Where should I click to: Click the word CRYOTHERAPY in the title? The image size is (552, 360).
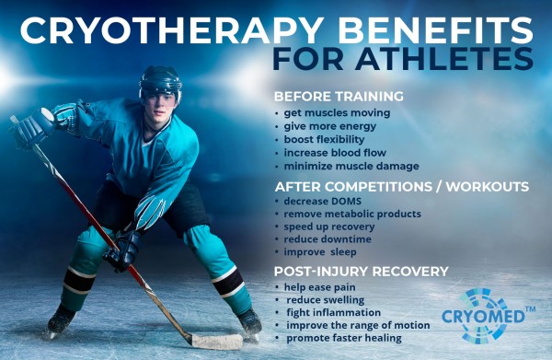click(172, 30)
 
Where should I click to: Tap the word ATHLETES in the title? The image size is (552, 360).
click(444, 59)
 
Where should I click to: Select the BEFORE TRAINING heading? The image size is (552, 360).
click(339, 96)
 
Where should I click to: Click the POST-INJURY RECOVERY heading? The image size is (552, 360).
click(362, 272)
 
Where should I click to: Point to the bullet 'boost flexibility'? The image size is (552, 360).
click(324, 139)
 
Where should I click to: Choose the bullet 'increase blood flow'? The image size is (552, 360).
click(335, 153)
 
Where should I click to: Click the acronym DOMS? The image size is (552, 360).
click(347, 201)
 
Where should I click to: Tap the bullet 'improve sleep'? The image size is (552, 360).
click(320, 252)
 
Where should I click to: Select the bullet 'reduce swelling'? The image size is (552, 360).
click(326, 300)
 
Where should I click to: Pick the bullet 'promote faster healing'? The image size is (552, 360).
click(344, 338)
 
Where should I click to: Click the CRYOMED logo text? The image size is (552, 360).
click(483, 316)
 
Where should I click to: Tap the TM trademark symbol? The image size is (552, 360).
click(530, 309)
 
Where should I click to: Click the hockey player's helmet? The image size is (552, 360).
click(160, 82)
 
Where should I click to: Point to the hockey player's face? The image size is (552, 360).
click(160, 105)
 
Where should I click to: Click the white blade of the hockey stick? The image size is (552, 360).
click(217, 342)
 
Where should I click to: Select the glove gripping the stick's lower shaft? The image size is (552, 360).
click(122, 250)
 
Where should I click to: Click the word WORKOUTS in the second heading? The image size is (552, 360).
click(488, 187)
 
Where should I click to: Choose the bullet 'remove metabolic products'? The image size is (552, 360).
click(352, 214)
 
